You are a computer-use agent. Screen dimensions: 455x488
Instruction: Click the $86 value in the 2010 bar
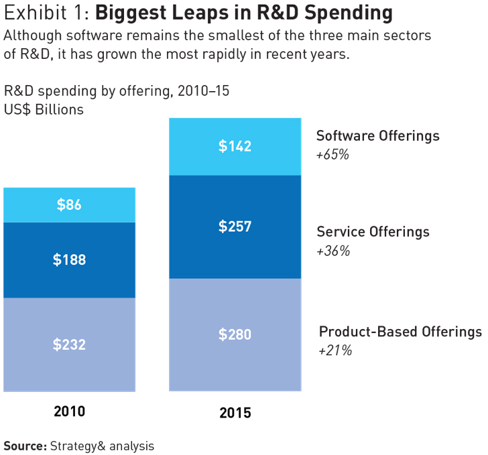pos(69,205)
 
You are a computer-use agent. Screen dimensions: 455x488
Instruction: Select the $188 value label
pos(69,260)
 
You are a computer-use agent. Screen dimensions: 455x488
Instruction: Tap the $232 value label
pos(69,344)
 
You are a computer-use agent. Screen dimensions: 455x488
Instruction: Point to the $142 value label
pos(235,146)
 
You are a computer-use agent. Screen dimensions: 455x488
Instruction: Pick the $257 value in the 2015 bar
pos(235,226)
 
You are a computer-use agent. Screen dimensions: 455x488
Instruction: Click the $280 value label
pos(235,334)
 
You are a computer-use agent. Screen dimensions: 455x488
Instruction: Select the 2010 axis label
pos(69,411)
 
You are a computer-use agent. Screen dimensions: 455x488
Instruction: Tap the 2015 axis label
pos(235,413)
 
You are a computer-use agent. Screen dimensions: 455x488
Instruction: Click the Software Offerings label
pos(378,136)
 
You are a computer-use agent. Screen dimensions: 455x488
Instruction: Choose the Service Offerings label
pos(373,232)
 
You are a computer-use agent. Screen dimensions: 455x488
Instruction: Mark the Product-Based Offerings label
pos(400,332)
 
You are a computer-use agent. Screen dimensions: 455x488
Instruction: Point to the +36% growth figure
pos(333,251)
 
